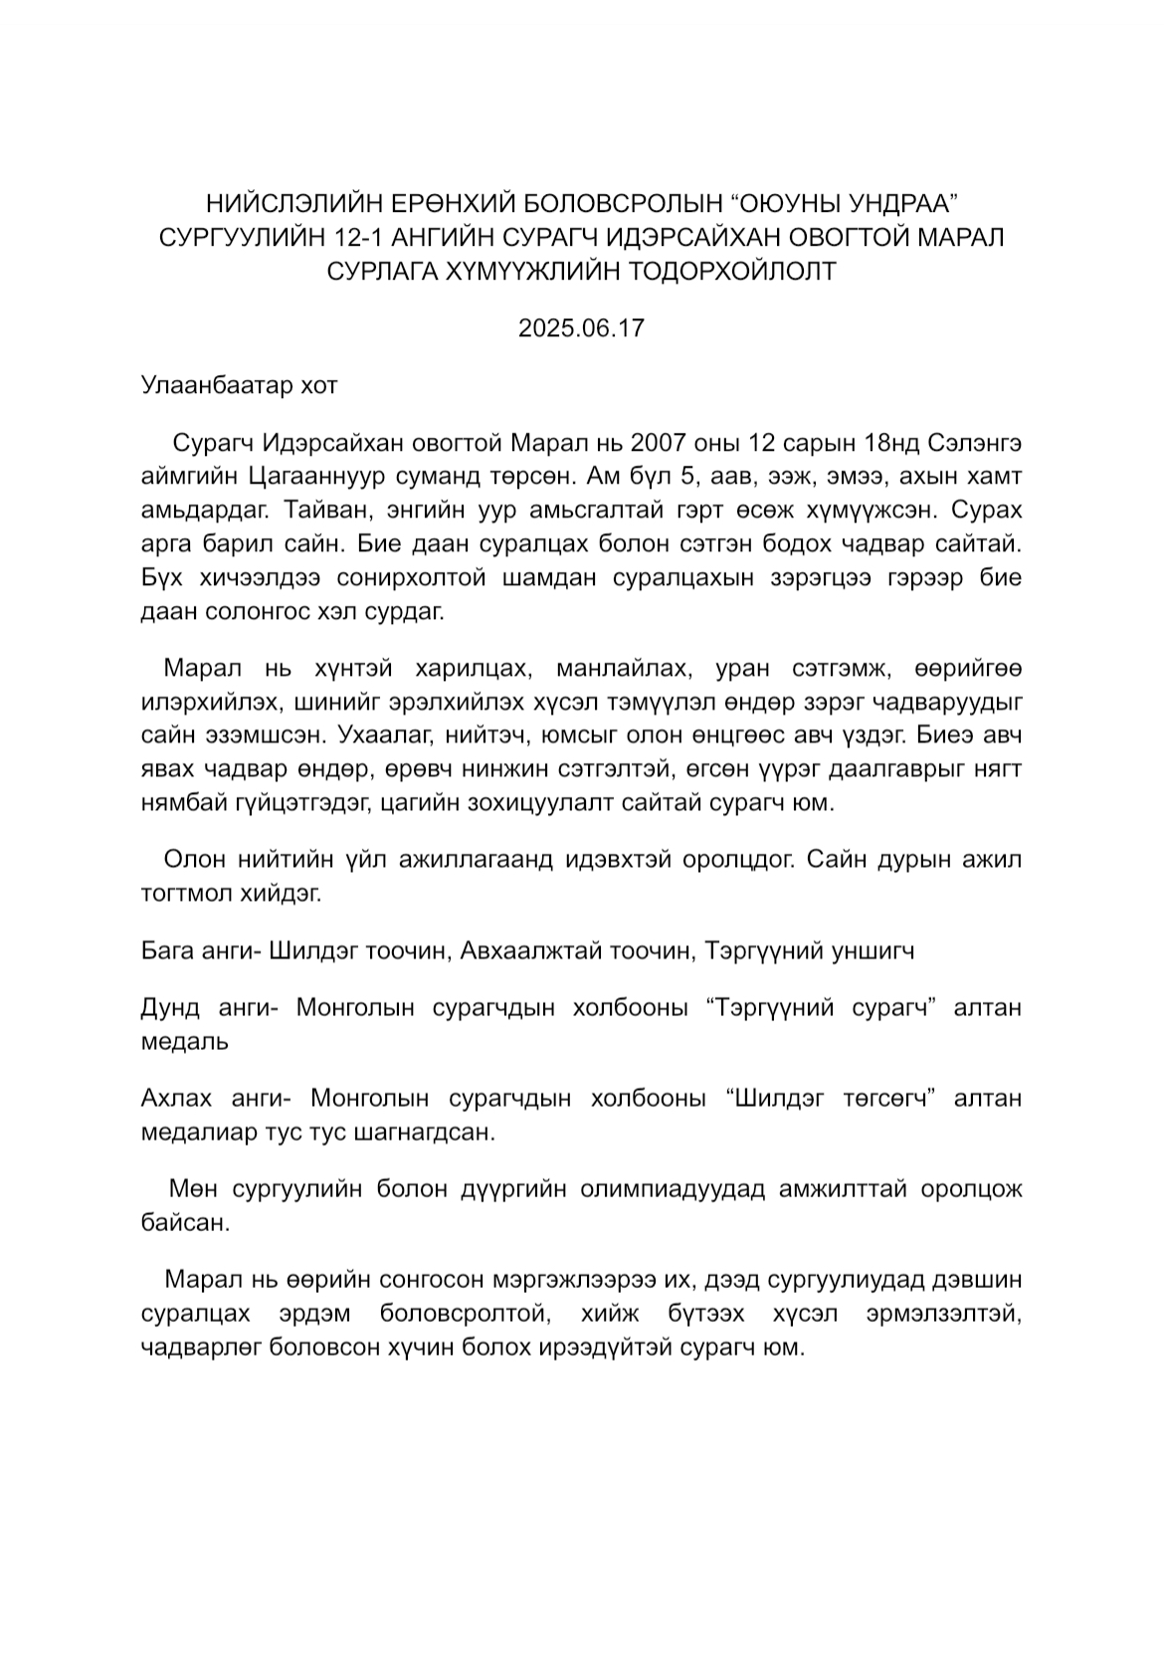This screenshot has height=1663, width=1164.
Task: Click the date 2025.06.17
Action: (581, 327)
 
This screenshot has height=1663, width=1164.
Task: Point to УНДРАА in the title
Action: (900, 203)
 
